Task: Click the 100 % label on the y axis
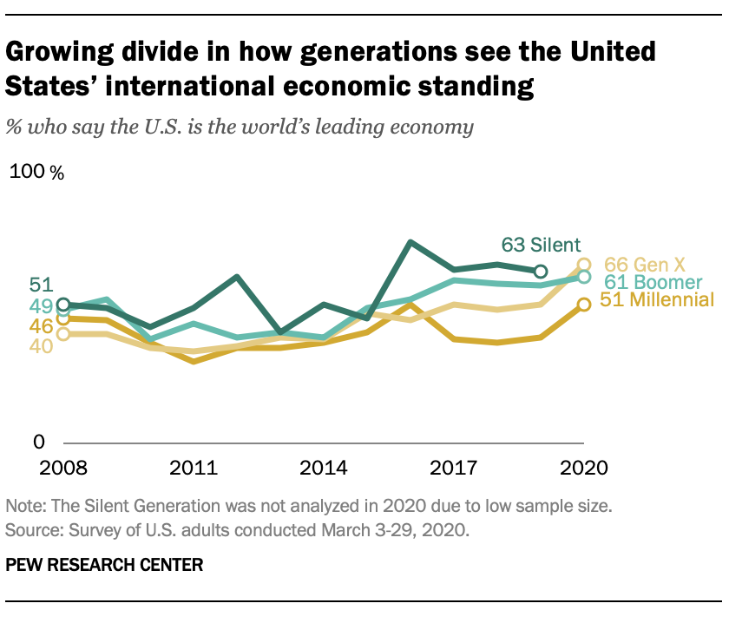(36, 172)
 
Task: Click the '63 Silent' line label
(541, 244)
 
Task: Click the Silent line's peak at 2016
(410, 242)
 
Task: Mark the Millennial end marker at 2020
(584, 304)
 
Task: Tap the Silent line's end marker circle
(541, 272)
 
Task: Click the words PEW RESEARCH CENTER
(104, 565)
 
